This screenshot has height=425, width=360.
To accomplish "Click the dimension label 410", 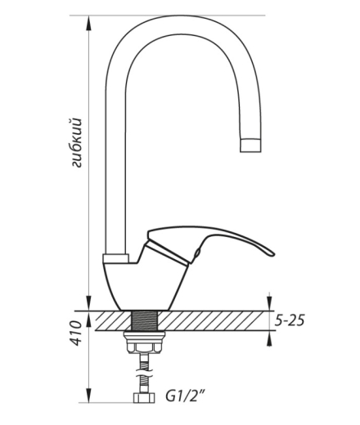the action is click(x=77, y=333).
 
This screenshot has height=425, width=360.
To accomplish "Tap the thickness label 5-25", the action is click(x=289, y=320).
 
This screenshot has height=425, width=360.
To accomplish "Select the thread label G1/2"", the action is click(x=185, y=396).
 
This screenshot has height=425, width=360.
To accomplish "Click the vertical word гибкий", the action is click(x=76, y=142).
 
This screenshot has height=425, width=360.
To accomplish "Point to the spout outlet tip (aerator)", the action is click(x=250, y=145).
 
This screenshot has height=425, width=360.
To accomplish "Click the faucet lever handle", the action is click(x=210, y=239).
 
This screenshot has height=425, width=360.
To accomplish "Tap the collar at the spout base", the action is click(x=115, y=258).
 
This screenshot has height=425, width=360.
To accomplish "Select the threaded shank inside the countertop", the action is click(x=145, y=320).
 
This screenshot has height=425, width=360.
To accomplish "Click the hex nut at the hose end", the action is click(x=144, y=397).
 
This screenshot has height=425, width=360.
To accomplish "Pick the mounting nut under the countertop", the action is click(x=144, y=342).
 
